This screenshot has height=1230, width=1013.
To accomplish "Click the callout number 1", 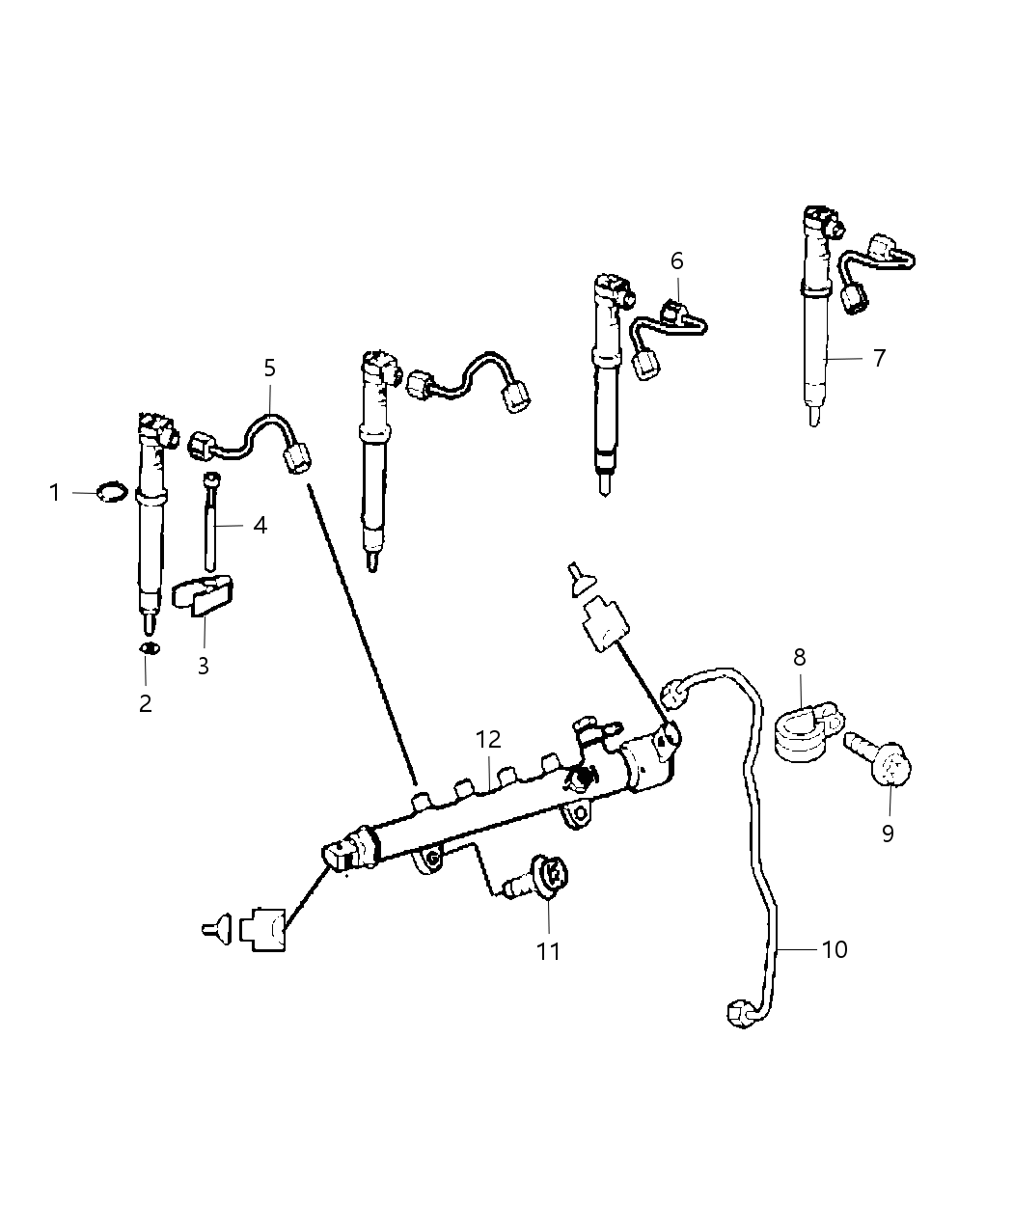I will (55, 493).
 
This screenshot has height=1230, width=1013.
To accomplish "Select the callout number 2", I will (146, 703).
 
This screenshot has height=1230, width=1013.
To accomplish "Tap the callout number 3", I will (204, 666).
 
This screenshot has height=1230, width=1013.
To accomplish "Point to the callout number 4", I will (260, 526).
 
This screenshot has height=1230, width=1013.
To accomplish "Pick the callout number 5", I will (270, 368).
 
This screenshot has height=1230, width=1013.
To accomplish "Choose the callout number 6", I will (676, 260).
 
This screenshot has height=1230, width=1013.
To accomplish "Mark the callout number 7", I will (878, 358).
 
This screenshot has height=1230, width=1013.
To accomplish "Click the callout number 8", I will (800, 658).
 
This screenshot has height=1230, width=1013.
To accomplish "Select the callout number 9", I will (888, 833).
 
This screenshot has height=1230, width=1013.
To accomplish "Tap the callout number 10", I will (835, 949).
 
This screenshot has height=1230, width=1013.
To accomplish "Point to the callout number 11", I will (548, 951).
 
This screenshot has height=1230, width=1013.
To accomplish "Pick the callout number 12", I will (488, 740).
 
